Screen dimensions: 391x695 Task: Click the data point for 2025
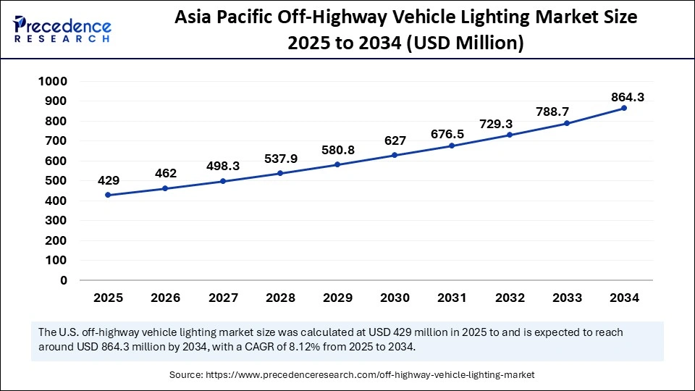point(108,195)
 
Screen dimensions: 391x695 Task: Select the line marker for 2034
point(624,108)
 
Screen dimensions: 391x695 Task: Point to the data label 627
point(395,140)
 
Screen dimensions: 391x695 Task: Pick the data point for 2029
point(337,164)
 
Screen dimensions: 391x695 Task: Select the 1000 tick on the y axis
point(51,82)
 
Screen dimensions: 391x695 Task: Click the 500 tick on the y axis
point(55,181)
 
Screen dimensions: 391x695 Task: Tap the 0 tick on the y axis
point(64,280)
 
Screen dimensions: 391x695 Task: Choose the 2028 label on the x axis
point(280,298)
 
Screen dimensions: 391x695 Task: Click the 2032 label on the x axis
point(510,298)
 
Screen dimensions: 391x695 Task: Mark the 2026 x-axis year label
point(165,298)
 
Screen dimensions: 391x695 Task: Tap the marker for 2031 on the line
point(452,146)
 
